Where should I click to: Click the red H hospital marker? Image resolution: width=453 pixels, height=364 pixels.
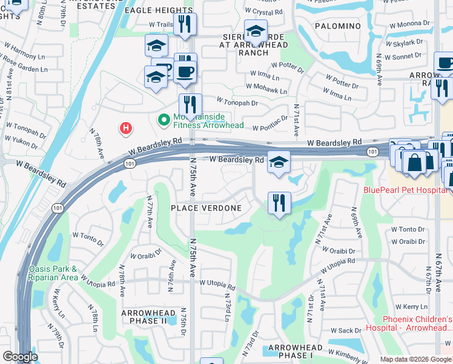[125, 128]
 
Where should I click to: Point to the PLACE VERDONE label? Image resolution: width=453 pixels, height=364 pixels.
[206, 208]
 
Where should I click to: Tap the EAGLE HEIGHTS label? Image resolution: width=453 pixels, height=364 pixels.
[158, 10]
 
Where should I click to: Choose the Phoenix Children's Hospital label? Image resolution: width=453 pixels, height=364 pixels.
[417, 323]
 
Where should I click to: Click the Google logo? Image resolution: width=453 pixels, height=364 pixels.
[20, 357]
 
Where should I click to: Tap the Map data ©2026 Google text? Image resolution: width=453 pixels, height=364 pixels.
[415, 359]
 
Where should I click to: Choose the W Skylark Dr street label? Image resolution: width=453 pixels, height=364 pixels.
[406, 43]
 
